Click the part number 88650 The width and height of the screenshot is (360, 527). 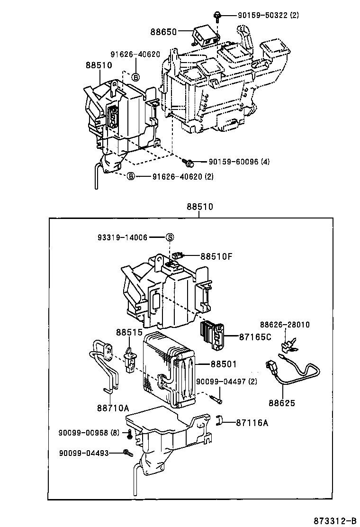click(164, 32)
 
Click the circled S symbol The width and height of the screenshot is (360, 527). click(170, 237)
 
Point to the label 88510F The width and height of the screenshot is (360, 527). click(216, 256)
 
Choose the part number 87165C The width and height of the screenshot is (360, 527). click(255, 337)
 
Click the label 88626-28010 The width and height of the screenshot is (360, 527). click(284, 325)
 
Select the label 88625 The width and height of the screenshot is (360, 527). click(281, 403)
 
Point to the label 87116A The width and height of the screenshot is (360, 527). click(252, 423)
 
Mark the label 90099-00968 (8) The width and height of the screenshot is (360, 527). click(89, 432)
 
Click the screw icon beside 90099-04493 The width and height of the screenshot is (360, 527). click(127, 453)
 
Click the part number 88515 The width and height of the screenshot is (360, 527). click(127, 333)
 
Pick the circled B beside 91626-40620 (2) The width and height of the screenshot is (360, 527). click(131, 176)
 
